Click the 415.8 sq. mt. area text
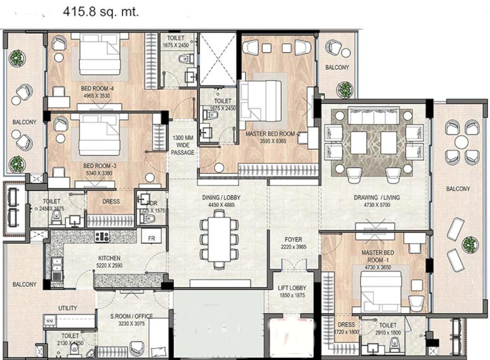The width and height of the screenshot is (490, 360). [x=101, y=12]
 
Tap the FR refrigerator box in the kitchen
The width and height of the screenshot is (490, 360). [x=151, y=237]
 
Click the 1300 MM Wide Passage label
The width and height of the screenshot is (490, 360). [x=183, y=145]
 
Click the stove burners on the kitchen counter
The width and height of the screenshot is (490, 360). [x=102, y=237]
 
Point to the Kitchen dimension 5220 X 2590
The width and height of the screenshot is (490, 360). [x=109, y=265]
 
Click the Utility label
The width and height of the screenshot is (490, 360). [x=68, y=308]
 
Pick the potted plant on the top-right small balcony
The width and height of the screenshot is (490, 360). [x=344, y=90]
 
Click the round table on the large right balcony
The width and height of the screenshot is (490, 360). [x=461, y=142]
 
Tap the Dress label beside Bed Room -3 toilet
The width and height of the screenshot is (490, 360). [x=111, y=202]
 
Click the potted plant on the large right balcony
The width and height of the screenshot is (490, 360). [x=469, y=244]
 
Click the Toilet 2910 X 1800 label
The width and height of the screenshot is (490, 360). [x=387, y=329]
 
